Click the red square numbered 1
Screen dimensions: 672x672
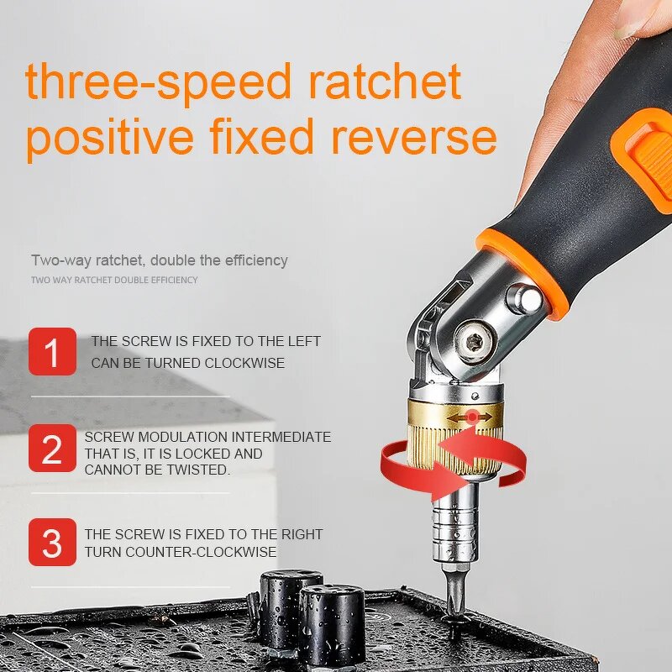click(52, 351)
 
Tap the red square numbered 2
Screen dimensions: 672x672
click(52, 449)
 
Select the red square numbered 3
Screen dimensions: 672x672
click(52, 543)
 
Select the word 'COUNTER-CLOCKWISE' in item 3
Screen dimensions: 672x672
click(201, 552)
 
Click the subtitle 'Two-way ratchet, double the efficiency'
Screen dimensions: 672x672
click(160, 260)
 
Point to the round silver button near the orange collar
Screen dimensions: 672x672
click(523, 297)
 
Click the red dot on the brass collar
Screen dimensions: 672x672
click(473, 417)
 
